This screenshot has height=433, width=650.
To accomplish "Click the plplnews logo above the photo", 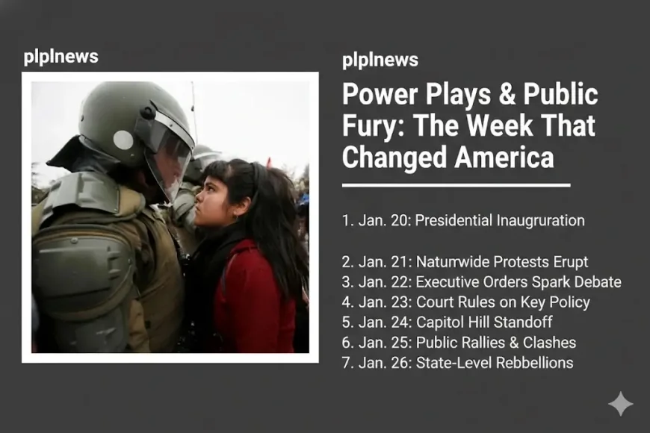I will coord(61,57).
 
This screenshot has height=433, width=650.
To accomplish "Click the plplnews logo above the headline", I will coord(380,60).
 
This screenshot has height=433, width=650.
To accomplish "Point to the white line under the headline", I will coord(456,184).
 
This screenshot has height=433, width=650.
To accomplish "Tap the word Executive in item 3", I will coord(446,282).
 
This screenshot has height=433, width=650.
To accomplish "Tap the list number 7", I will coord(345,363).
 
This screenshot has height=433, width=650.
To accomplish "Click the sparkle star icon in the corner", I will coord(620,404).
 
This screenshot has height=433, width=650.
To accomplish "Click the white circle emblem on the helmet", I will coord(123,140).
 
